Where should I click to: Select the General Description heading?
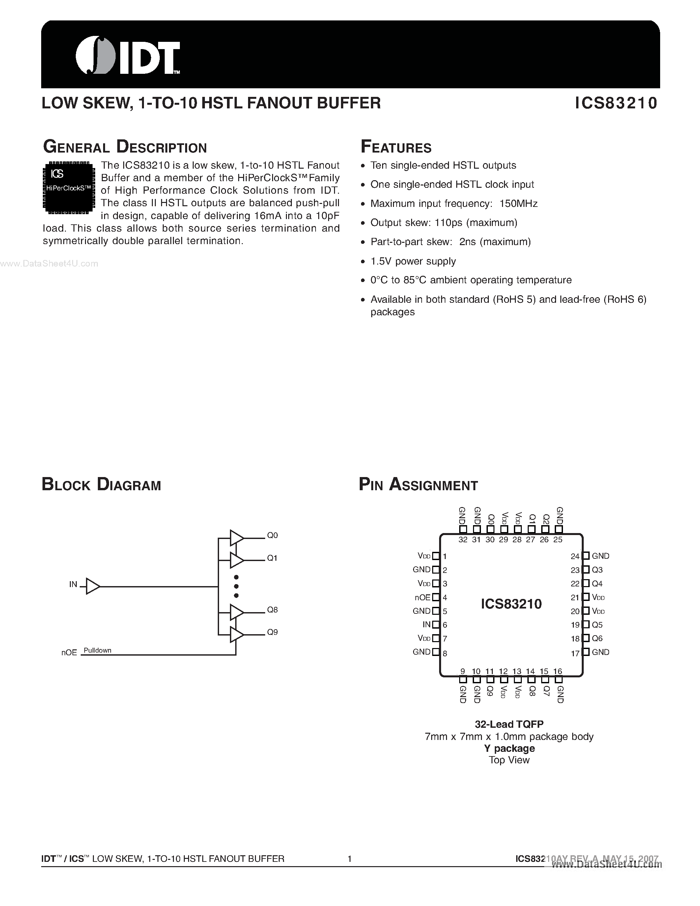point(125,147)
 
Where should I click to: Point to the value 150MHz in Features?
point(518,204)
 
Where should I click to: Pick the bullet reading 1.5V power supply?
point(413,261)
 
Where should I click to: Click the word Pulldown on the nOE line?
point(98,650)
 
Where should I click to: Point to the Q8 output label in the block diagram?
point(272,610)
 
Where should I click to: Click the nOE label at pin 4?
point(423,597)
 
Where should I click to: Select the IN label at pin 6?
point(426,625)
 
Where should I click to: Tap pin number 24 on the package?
point(575,557)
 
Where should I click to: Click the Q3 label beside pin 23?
point(597,570)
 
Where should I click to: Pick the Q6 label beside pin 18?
point(597,638)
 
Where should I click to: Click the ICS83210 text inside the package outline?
point(511,604)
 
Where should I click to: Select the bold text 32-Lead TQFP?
point(509,724)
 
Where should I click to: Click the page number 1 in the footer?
point(350,859)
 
